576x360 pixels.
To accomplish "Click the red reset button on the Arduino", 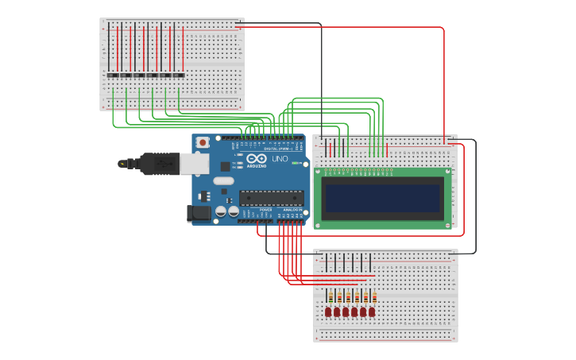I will pos(203,142).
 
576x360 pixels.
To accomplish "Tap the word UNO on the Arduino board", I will pos(280,159).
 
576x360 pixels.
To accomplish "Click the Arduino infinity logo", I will pos(256,159).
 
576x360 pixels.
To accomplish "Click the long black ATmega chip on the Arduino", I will pos(270,198).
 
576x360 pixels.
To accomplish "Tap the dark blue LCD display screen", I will pos(382,199).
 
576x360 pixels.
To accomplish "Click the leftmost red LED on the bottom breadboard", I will pos(328,312).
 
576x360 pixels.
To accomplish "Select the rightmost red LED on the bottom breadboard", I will pos(372,312).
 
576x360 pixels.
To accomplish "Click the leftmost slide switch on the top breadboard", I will pos(113,75).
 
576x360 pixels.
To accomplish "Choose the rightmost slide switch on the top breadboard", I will pos(179,75).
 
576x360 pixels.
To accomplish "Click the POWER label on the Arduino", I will pos(265,209).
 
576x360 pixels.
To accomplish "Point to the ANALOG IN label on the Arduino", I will pos(293,209).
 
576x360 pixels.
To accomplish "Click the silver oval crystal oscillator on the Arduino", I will pos(223,181).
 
